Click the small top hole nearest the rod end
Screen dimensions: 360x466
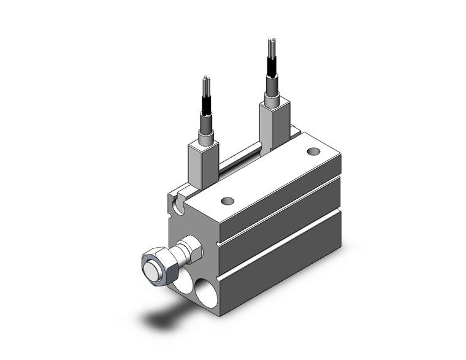227,200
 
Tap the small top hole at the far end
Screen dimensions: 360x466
313,151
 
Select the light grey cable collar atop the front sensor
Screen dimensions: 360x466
206,133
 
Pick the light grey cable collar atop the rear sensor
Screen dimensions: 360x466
271,95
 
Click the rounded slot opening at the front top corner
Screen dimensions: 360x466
178,205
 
